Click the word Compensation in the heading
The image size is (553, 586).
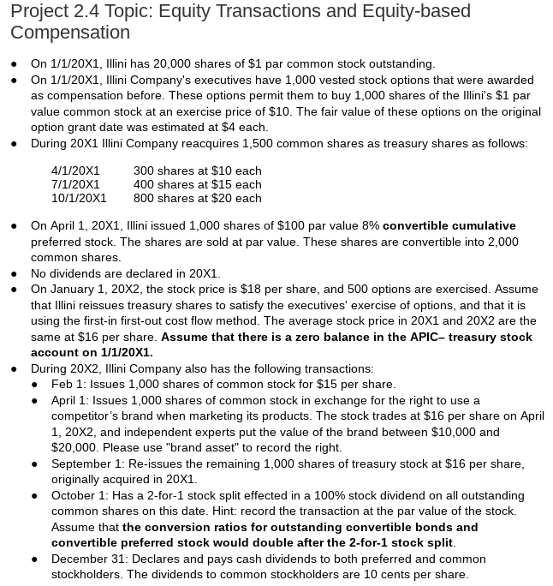[70, 33]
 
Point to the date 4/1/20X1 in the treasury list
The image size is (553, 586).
[75, 170]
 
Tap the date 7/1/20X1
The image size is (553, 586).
[75, 184]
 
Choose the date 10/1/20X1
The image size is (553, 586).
[79, 198]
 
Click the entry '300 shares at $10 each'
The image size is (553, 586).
[197, 170]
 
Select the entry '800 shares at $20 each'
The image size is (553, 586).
[197, 198]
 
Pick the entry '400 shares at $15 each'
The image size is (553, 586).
[197, 184]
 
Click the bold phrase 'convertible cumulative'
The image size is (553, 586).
[449, 225]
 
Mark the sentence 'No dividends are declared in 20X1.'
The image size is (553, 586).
[125, 273]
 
